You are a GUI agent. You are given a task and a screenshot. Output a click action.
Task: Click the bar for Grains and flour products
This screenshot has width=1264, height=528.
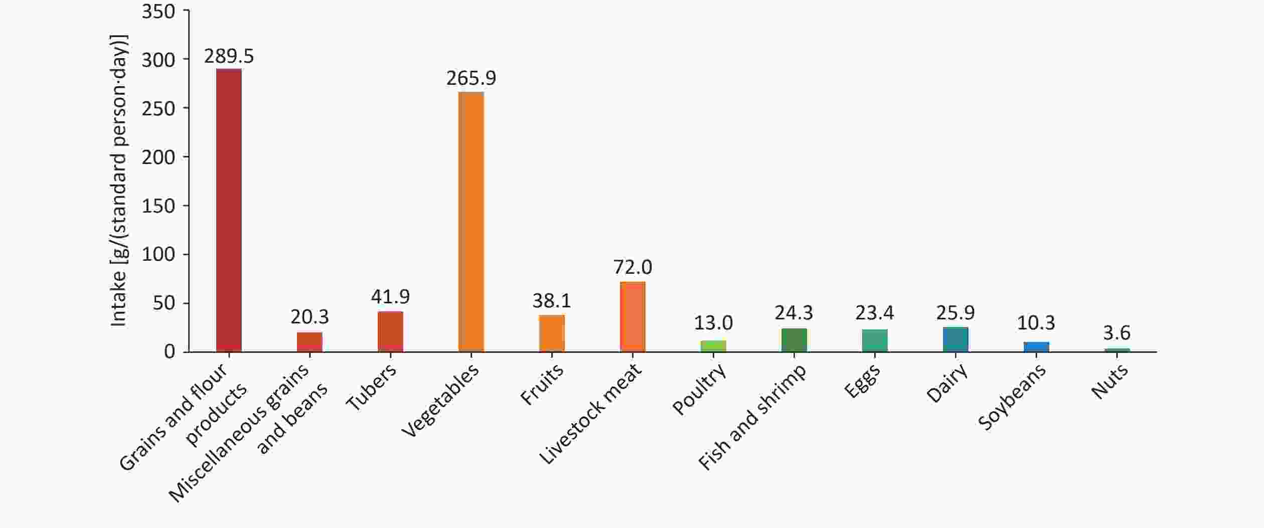pyautogui.click(x=229, y=210)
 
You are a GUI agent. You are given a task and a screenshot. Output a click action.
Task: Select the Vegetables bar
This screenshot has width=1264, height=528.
pyautogui.click(x=471, y=222)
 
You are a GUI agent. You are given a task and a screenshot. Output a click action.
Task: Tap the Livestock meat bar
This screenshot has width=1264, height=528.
pyautogui.click(x=633, y=317)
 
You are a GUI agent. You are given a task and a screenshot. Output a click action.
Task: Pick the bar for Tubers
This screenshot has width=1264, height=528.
pyautogui.click(x=390, y=331)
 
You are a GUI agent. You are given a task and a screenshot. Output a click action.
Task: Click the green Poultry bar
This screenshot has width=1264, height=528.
pyautogui.click(x=713, y=346)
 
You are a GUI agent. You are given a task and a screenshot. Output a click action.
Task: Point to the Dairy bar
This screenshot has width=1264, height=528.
pyautogui.click(x=956, y=339)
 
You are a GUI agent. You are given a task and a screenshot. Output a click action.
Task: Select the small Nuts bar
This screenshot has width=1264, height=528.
pyautogui.click(x=1117, y=350)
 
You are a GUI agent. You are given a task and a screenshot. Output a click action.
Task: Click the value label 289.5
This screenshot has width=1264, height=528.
pyautogui.click(x=229, y=56)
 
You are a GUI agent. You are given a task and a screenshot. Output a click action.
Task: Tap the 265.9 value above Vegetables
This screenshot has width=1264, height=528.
pyautogui.click(x=471, y=78)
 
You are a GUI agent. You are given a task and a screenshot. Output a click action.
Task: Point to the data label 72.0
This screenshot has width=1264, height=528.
pyautogui.click(x=633, y=267)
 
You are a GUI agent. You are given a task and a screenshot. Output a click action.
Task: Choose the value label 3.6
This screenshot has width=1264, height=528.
pyautogui.click(x=1117, y=333)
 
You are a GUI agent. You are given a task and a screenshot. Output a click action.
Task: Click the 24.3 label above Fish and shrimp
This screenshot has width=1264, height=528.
pyautogui.click(x=794, y=313)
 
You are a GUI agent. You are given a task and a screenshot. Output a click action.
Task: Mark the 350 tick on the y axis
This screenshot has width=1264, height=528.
pyautogui.click(x=159, y=11)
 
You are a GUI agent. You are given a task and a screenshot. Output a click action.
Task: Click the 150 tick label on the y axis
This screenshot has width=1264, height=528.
pyautogui.click(x=159, y=206)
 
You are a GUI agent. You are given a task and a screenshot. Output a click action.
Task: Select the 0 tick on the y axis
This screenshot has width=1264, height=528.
pyautogui.click(x=170, y=351)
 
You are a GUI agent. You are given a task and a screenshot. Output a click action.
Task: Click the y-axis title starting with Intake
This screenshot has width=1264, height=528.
pyautogui.click(x=119, y=181)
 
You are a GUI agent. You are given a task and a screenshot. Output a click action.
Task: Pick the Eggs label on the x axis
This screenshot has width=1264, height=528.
pyautogui.click(x=862, y=381)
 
